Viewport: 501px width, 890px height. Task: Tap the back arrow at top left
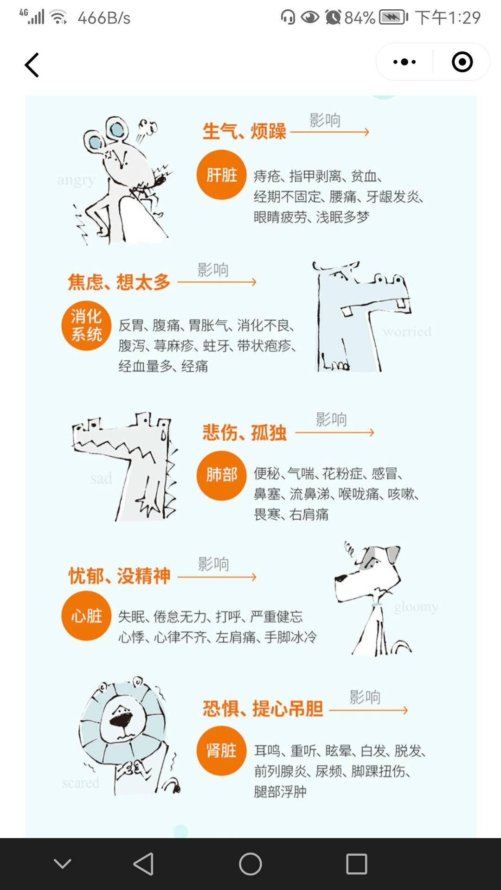(32, 65)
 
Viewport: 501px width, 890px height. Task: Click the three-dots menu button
(405, 62)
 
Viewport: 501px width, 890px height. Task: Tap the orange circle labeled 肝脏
(221, 175)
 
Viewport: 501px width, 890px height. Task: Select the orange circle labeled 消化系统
(86, 325)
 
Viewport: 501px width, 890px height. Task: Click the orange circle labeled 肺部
(221, 475)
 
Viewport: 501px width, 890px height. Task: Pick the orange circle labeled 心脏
(86, 616)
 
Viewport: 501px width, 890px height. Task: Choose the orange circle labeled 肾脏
(221, 750)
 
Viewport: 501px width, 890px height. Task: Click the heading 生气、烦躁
(244, 131)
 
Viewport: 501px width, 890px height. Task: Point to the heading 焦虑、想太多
(119, 282)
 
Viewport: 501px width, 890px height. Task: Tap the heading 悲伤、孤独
(244, 432)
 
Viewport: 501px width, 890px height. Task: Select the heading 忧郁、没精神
(119, 576)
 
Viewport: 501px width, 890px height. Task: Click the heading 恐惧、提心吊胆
(263, 709)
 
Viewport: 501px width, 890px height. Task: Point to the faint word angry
(76, 180)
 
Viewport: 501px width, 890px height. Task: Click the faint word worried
(407, 331)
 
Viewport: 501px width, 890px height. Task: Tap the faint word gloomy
(416, 607)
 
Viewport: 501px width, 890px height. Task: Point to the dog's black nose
(340, 578)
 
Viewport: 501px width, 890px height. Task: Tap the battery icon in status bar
(392, 18)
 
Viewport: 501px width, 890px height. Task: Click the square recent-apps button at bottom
(356, 864)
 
